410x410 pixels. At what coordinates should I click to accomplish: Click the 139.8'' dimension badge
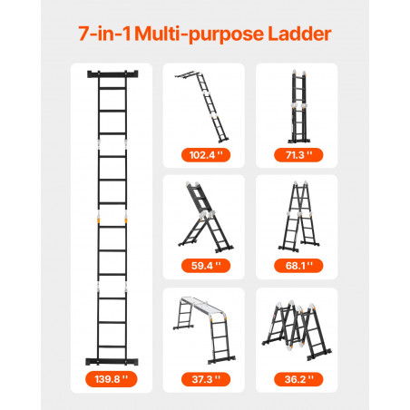coord(112,379)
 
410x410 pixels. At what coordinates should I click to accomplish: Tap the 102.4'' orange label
coord(206,155)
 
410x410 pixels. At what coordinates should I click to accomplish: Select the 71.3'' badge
coord(298,155)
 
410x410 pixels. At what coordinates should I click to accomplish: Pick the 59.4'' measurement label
coord(206,266)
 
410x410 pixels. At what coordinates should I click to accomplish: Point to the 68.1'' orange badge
coord(298,266)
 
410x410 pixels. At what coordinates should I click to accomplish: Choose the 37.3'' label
coord(206,379)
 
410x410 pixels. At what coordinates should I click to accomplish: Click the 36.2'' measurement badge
coord(298,379)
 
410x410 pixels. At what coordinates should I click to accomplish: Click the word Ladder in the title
coord(299,34)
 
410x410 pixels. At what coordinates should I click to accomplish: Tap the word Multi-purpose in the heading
coord(199,34)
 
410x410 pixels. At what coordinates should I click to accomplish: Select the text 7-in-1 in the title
coord(104,34)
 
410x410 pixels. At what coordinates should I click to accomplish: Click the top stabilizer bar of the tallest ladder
coord(112,74)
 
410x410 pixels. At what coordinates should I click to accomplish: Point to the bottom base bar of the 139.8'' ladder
coord(112,361)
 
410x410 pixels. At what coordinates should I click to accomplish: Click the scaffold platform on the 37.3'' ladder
coord(202,306)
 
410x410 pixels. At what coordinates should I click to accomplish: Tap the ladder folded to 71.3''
coord(298,107)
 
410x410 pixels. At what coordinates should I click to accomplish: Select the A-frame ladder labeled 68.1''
coord(299,216)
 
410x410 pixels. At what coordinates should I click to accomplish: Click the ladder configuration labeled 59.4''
coord(206,217)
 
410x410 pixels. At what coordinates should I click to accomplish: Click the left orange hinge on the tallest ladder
coord(98,218)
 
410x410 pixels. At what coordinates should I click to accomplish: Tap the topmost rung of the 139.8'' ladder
coord(112,88)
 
